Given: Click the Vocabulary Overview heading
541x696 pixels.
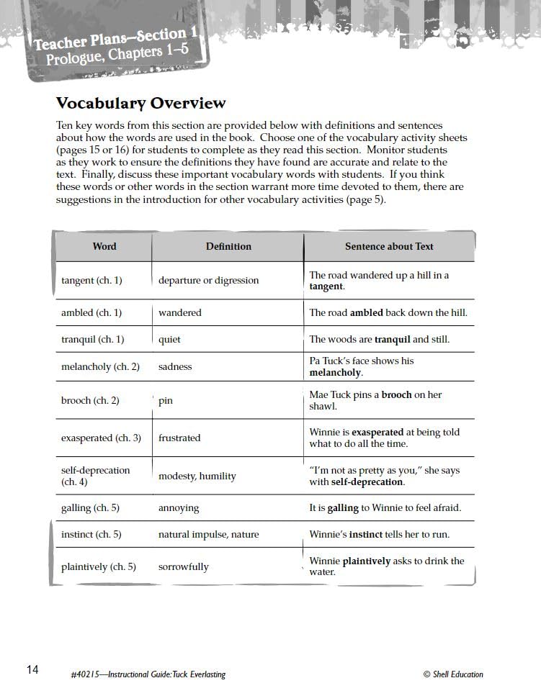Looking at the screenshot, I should click(140, 104).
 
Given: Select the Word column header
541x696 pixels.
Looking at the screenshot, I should click(104, 246).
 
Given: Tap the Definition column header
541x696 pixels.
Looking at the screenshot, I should click(228, 246).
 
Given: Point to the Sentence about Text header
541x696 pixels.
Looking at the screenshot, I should click(389, 246).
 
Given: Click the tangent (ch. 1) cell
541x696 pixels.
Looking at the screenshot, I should click(91, 281).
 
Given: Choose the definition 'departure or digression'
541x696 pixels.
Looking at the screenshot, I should click(208, 281).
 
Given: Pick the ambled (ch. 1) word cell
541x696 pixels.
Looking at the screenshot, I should click(91, 313).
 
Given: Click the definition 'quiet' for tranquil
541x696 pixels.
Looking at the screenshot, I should click(169, 340).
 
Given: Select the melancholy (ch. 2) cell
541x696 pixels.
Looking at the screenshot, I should click(100, 367).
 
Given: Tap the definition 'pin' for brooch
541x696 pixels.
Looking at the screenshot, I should click(166, 401).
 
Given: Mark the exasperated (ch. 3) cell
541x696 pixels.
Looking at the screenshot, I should click(101, 438).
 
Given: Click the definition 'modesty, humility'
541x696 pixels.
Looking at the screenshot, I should click(197, 476).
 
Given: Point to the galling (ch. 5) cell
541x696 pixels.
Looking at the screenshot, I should click(90, 508).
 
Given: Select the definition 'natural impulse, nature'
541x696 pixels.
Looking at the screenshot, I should click(208, 535).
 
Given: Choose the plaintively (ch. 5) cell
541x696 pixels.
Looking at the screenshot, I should click(98, 567).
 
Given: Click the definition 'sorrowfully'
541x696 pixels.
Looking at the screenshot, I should click(183, 567).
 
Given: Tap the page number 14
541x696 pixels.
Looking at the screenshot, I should click(32, 670).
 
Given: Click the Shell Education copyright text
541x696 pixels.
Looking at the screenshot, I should click(453, 674).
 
